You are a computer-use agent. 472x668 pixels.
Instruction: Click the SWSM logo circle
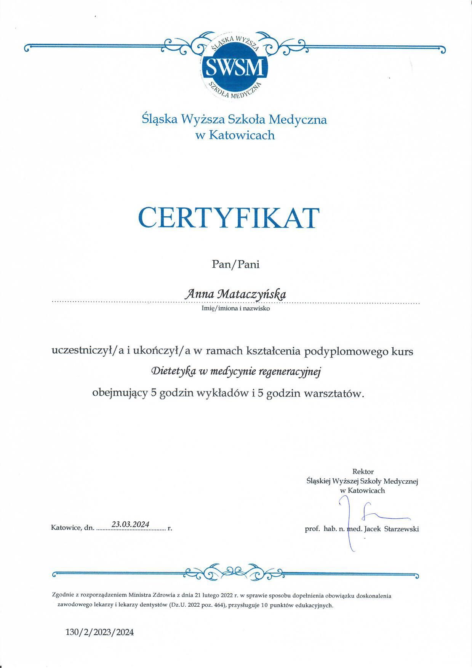(x=234, y=67)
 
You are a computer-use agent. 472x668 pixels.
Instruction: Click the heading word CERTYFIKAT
(x=228, y=217)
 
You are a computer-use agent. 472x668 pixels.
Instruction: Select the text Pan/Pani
(x=236, y=264)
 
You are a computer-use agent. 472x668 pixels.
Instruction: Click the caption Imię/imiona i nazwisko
(x=235, y=308)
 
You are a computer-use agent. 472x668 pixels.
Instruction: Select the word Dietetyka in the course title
(x=173, y=371)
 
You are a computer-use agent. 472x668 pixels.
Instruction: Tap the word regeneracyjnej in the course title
(x=290, y=371)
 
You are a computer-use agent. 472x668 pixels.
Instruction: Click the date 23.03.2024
(x=130, y=524)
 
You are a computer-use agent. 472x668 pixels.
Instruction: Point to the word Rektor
(x=363, y=471)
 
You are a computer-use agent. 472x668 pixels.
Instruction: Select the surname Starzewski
(x=402, y=529)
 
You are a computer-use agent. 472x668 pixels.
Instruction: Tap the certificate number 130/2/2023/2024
(x=100, y=632)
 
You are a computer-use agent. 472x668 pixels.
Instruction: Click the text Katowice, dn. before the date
(x=72, y=528)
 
